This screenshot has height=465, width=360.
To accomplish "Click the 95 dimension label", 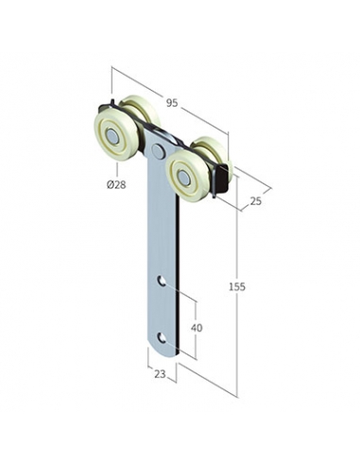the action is pyautogui.click(x=172, y=103).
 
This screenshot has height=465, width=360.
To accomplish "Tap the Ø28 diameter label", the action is pyautogui.click(x=116, y=184).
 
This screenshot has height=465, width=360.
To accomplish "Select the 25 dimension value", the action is pyautogui.click(x=256, y=200).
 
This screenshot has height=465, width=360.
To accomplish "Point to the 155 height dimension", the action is pyautogui.click(x=237, y=286).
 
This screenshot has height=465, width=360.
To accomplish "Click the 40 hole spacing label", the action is pyautogui.click(x=197, y=328).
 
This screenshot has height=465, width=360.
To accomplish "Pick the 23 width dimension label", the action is pyautogui.click(x=160, y=374).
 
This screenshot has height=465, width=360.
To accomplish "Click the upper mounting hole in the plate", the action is pyautogui.click(x=162, y=281).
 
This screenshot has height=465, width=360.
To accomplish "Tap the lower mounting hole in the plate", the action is pyautogui.click(x=162, y=337).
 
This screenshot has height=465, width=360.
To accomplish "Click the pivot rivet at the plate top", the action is pyautogui.click(x=158, y=149).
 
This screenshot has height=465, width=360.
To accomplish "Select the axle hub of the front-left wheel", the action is pyautogui.click(x=111, y=135).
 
